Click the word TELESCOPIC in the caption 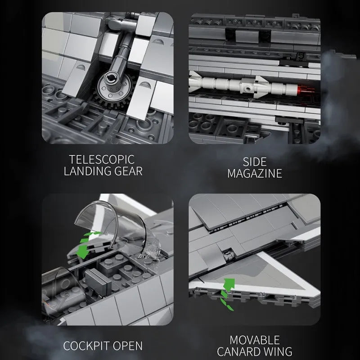pyautogui.click(x=102, y=159)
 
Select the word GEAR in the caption pyautogui.click(x=129, y=171)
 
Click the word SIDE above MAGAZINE pyautogui.click(x=255, y=162)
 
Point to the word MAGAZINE pyautogui.click(x=255, y=174)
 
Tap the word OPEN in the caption pyautogui.click(x=128, y=346)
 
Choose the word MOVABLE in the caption pyautogui.click(x=255, y=340)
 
